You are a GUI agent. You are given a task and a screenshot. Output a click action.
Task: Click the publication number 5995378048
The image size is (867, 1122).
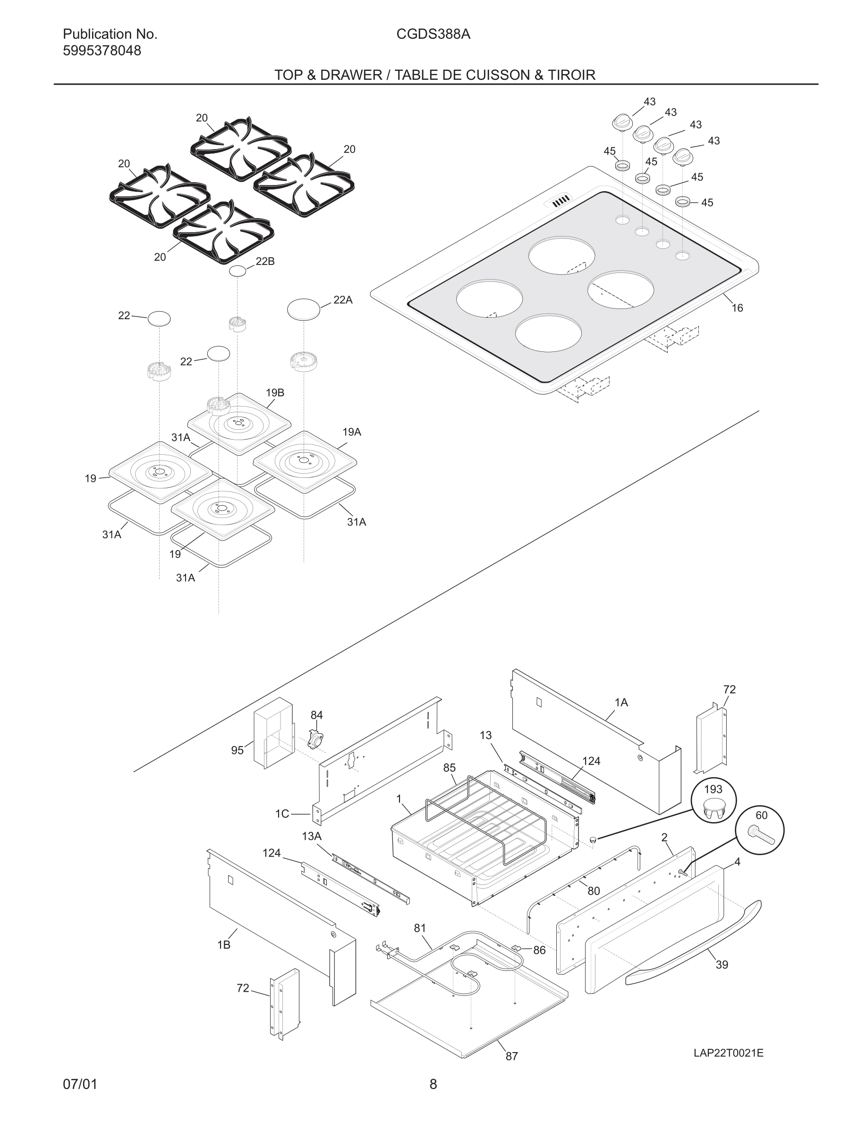click(x=102, y=51)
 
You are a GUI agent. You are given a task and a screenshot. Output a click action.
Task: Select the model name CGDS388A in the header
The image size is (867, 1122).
click(x=433, y=34)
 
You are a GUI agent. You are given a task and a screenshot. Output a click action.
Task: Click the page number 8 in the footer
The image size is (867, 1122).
click(x=433, y=1084)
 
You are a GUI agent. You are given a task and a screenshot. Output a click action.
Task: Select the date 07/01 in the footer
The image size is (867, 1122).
click(x=80, y=1084)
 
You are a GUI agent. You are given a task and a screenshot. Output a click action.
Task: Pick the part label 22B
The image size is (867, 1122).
click(x=265, y=261)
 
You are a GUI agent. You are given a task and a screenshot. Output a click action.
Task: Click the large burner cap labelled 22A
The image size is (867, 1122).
click(x=304, y=309)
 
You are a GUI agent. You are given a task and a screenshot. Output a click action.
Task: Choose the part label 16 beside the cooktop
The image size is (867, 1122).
click(x=737, y=308)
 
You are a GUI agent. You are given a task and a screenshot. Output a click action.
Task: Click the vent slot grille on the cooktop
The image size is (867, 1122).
click(x=561, y=200)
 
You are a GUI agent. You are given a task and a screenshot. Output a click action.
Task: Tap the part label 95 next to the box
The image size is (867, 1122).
click(x=237, y=750)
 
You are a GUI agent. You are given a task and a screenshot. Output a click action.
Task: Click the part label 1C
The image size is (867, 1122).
click(x=282, y=814)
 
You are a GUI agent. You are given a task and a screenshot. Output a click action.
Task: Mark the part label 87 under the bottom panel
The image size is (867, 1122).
click(x=511, y=1056)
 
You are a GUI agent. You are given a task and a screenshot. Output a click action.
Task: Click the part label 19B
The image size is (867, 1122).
click(x=275, y=392)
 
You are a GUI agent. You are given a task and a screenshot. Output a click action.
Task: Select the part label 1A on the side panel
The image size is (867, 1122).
click(x=621, y=702)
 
